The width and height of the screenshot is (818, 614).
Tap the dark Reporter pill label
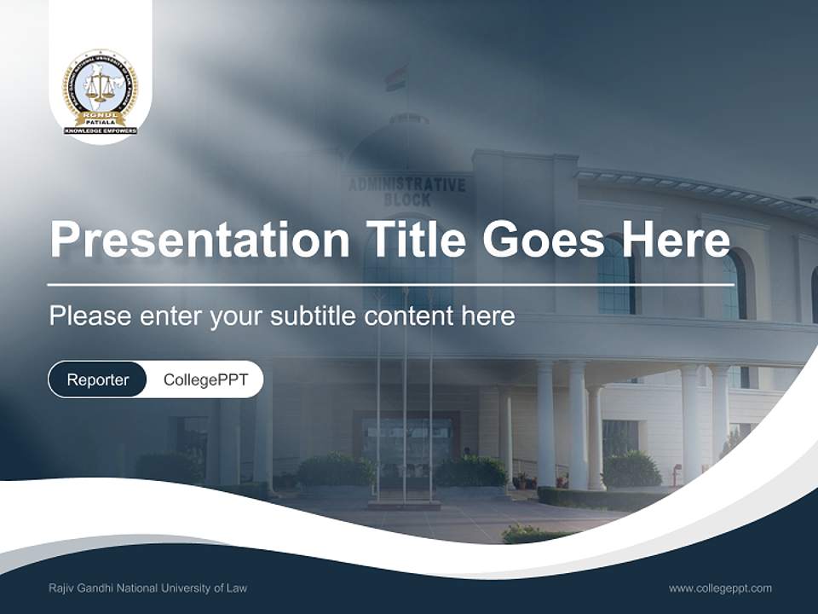pos(98,379)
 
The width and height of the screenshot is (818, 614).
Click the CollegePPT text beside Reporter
pos(205,379)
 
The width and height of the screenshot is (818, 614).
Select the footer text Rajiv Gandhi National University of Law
pos(148,588)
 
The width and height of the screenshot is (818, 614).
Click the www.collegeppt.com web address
pos(720,588)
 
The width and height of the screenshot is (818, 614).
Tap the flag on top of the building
pos(395,78)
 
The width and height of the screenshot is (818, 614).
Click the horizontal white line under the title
pos(390,285)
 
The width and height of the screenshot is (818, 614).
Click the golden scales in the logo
pos(101,85)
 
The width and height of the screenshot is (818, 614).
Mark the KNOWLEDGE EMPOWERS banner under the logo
pos(101,130)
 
